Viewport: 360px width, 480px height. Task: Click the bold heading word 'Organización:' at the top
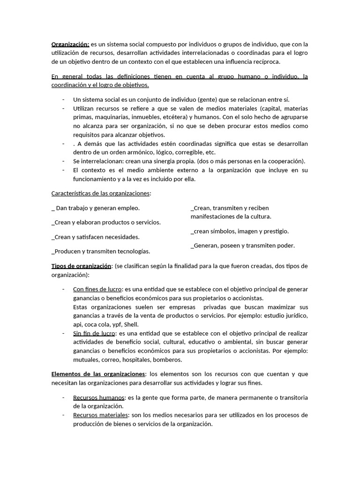pos(70,45)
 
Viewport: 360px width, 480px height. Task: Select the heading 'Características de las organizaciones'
pos(100,193)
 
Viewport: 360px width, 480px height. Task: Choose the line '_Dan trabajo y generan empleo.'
pos(96,208)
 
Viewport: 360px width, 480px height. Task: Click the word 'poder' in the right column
pos(285,245)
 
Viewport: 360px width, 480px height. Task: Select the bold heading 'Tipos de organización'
pos(81,266)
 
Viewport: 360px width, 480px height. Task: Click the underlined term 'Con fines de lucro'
pos(97,289)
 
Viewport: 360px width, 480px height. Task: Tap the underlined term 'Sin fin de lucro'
pos(94,333)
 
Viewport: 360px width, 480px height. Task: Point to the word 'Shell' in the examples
pos(131,324)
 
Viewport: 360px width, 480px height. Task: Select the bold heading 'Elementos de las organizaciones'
pos(98,374)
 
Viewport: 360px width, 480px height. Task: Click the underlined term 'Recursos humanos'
pos(98,397)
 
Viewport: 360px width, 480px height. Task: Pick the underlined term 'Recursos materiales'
pos(100,415)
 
